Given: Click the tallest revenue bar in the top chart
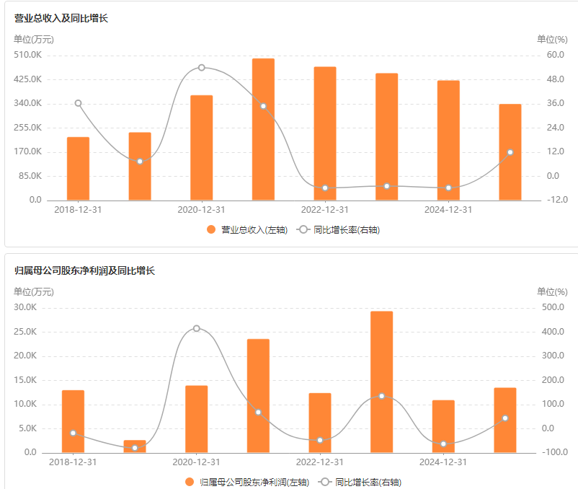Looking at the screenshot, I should pyautogui.click(x=263, y=130).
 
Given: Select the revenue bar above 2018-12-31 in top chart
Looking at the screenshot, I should pyautogui.click(x=78, y=169).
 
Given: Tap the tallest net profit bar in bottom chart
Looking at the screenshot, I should pyautogui.click(x=381, y=382).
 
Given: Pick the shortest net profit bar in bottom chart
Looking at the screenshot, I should pyautogui.click(x=135, y=446).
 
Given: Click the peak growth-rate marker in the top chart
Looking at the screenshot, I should pyautogui.click(x=201, y=67).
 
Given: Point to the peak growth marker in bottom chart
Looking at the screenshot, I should pyautogui.click(x=197, y=328).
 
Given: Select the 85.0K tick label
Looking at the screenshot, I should pyautogui.click(x=30, y=176).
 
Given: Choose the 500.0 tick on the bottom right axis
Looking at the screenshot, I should pyautogui.click(x=553, y=308).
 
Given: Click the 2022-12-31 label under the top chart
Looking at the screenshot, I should pyautogui.click(x=324, y=210).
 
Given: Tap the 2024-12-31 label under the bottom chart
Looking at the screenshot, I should pyautogui.click(x=443, y=462).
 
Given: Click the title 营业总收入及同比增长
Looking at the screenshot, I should pyautogui.click(x=61, y=18).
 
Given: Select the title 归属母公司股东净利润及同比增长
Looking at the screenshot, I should pyautogui.click(x=85, y=271).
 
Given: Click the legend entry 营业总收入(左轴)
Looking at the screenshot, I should pyautogui.click(x=247, y=229).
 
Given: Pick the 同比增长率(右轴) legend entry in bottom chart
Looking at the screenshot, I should pyautogui.click(x=362, y=482).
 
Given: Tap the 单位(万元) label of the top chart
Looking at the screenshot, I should pyautogui.click(x=34, y=39).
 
